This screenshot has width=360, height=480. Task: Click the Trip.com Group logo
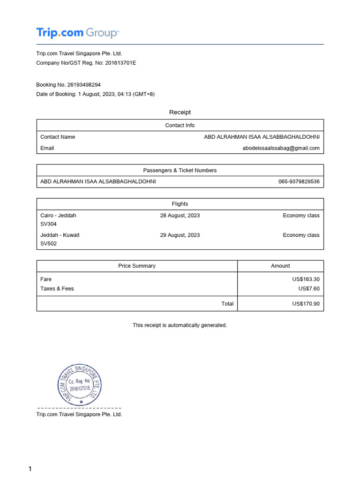[77, 33]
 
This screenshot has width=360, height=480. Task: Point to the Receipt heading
[180, 112]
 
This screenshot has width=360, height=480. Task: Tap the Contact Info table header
[180, 125]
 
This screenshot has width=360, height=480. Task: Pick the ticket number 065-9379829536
[299, 181]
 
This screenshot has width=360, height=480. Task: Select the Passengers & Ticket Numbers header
[180, 170]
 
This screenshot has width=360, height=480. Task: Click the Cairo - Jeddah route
[58, 216]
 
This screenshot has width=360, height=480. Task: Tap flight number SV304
[48, 224]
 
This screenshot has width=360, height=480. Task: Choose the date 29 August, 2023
[180, 235]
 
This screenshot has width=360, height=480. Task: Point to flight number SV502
[48, 244]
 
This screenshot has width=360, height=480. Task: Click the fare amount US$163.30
[306, 279]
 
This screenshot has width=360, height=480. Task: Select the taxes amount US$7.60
[309, 289]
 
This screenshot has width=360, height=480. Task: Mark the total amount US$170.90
[306, 304]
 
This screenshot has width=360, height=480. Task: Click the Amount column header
[280, 266]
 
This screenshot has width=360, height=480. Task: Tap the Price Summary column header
[137, 266]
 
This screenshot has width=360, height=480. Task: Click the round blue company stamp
[80, 384]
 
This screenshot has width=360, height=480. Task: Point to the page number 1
[30, 469]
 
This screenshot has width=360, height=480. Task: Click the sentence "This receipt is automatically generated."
[180, 325]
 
